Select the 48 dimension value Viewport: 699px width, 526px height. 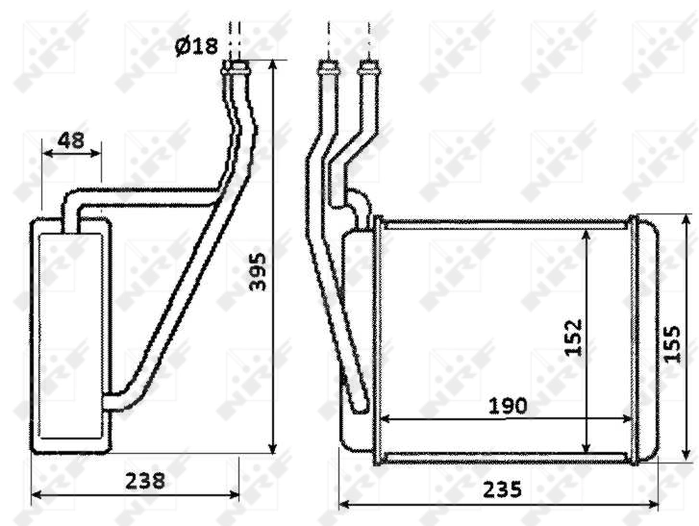pyautogui.click(x=70, y=140)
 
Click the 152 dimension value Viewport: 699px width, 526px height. pyautogui.click(x=574, y=338)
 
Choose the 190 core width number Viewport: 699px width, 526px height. pyautogui.click(x=507, y=406)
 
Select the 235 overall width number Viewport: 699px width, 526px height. pyautogui.click(x=502, y=488)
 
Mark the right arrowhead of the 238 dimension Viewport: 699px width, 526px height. pyautogui.click(x=235, y=495)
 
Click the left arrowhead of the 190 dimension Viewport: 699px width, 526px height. pyautogui.click(x=386, y=419)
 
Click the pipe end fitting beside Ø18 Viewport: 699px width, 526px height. pyautogui.click(x=236, y=66)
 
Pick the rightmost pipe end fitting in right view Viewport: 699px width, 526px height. pyautogui.click(x=366, y=67)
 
